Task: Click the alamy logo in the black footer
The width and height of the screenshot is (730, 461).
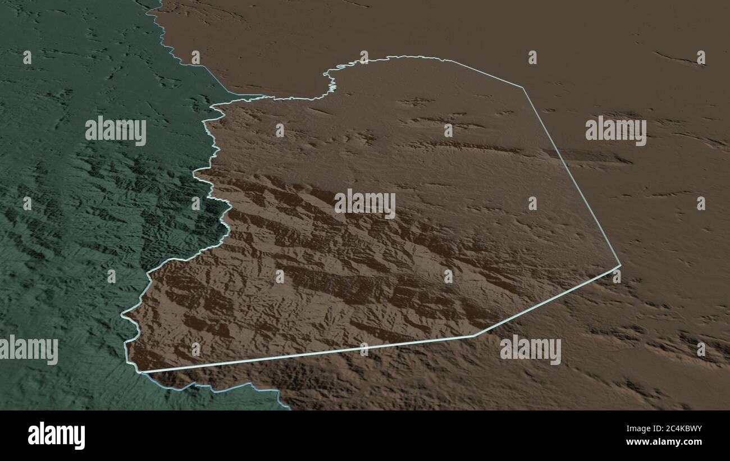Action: (x=56, y=436)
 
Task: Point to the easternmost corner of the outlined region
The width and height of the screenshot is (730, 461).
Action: (x=620, y=266)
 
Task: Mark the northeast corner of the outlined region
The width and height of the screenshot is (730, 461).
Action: (x=523, y=88)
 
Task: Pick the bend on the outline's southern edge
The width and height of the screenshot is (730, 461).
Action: (x=474, y=336)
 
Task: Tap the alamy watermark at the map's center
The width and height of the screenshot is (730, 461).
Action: (x=365, y=204)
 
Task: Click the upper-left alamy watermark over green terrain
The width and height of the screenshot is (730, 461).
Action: (x=116, y=131)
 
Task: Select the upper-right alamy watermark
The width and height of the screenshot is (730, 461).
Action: (x=615, y=131)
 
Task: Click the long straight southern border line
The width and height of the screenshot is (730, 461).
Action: (x=309, y=354)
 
